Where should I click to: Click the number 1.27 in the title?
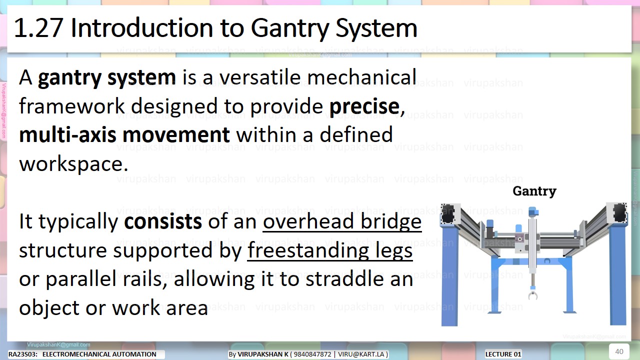[x=37, y=28]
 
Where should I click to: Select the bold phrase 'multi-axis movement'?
[x=124, y=135]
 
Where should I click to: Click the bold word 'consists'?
[x=163, y=221]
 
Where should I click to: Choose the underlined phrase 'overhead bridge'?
[x=342, y=221]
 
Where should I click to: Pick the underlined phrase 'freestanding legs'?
[x=330, y=250]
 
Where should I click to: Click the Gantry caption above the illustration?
[x=534, y=191]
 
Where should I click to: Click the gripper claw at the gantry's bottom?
[x=533, y=295]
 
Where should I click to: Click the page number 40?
[x=619, y=351]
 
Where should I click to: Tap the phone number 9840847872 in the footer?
[x=313, y=354]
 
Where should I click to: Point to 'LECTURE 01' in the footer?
[x=503, y=354]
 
